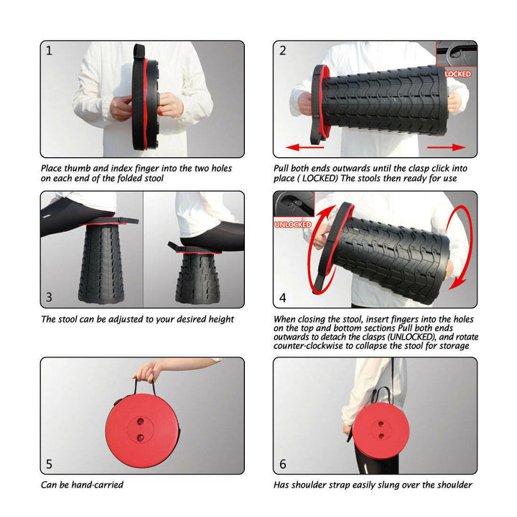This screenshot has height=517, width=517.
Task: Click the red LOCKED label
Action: (x=457, y=74)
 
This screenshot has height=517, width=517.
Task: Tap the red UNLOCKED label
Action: (x=292, y=224)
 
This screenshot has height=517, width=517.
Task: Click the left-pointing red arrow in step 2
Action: (x=305, y=147)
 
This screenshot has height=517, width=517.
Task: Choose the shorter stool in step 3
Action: (x=195, y=277)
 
